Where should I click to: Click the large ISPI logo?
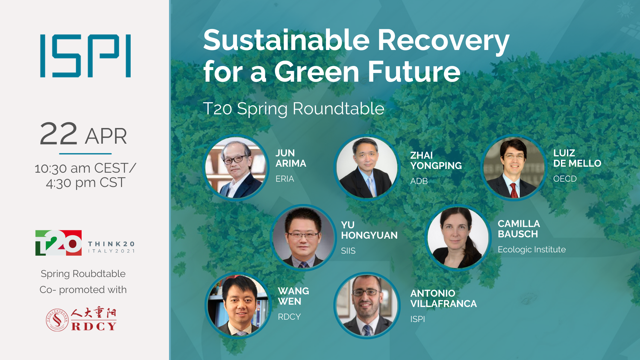click(x=85, y=56)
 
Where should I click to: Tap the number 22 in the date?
click(x=59, y=134)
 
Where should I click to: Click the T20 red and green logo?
click(x=58, y=243)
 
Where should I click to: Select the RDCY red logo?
click(x=81, y=319)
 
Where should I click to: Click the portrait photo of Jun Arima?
click(x=236, y=168)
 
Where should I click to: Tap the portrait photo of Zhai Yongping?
click(x=367, y=168)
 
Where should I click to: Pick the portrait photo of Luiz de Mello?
click(x=514, y=168)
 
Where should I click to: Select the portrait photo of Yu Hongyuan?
click(x=303, y=237)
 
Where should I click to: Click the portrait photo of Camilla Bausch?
click(x=458, y=237)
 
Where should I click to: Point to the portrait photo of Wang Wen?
click(x=238, y=305)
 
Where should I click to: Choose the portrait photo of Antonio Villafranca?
click(x=367, y=305)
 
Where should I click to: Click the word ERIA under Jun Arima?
click(x=285, y=179)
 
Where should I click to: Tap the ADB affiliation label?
click(x=419, y=181)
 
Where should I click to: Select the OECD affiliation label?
click(x=565, y=179)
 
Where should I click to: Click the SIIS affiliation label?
click(x=348, y=251)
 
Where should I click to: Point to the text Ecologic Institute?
click(x=532, y=250)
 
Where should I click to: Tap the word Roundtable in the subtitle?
click(x=339, y=109)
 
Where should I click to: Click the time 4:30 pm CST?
click(x=86, y=183)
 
